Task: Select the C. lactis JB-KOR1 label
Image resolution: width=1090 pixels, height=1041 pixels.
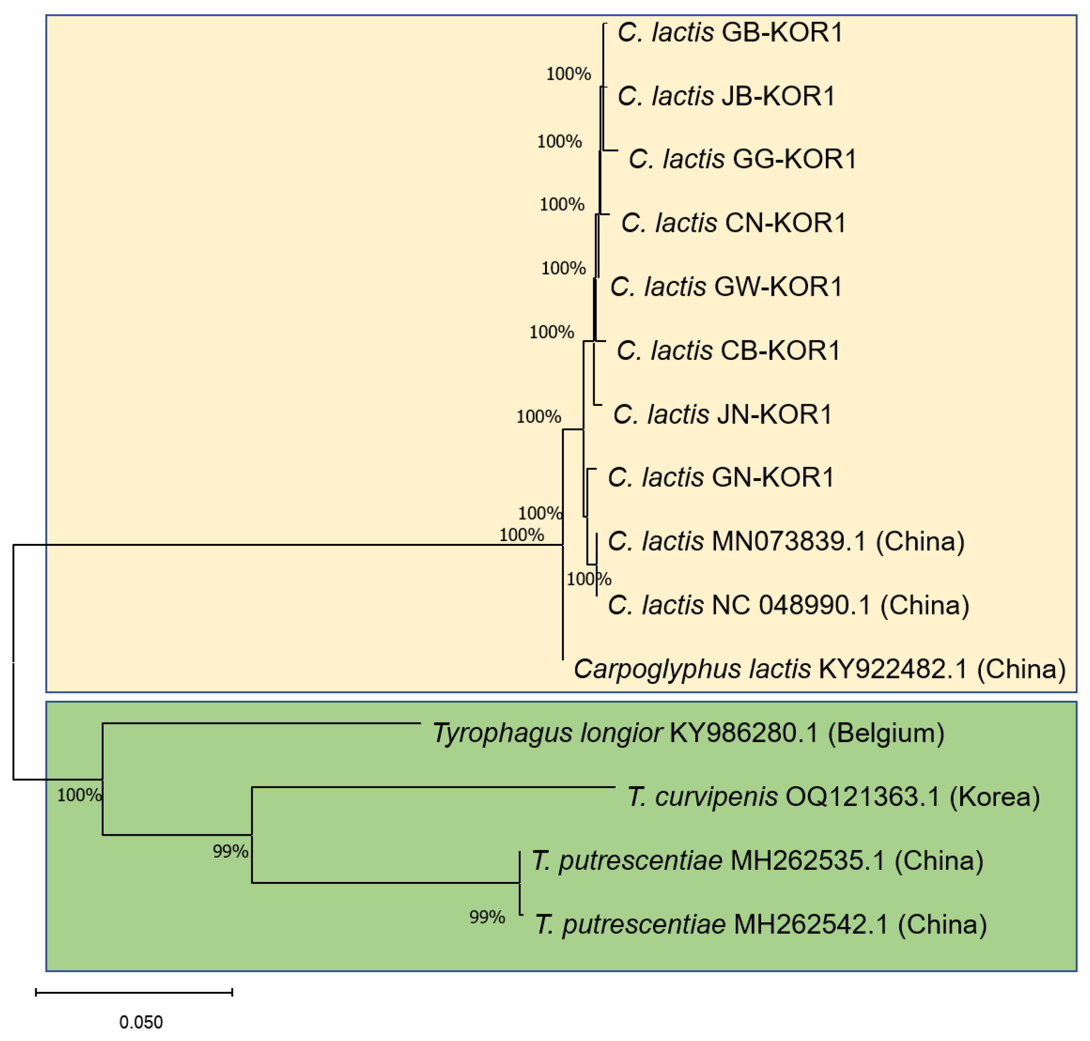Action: tap(726, 97)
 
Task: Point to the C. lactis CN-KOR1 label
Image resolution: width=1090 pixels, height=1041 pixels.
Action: tap(733, 223)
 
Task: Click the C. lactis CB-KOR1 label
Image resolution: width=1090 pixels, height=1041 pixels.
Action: tap(728, 351)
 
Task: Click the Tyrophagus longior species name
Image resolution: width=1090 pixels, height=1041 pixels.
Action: tap(547, 733)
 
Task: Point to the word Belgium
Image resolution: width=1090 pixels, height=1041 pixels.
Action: tap(886, 733)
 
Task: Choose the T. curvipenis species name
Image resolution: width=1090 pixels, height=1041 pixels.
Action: tap(702, 797)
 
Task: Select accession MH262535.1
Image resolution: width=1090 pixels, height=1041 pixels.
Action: tap(807, 861)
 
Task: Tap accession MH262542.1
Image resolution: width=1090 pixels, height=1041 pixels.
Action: tap(810, 925)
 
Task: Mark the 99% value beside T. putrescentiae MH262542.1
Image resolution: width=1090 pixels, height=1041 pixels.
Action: tap(487, 917)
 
